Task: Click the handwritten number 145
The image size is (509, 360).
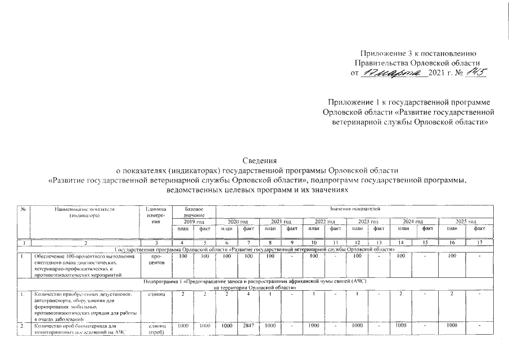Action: (474, 73)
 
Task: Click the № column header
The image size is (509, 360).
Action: (22, 209)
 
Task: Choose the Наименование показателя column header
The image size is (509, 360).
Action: (84, 212)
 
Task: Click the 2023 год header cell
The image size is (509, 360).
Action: (367, 222)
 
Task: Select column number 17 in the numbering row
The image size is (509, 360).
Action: (479, 242)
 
